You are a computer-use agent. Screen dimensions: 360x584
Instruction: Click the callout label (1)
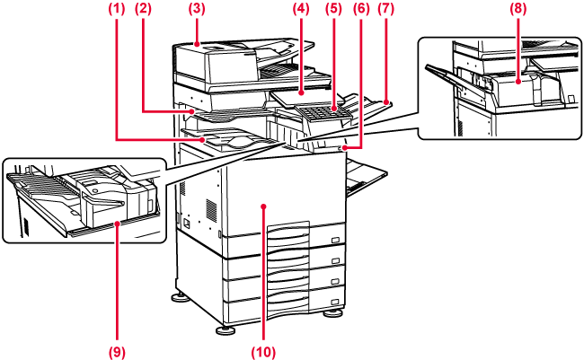pos(116,9)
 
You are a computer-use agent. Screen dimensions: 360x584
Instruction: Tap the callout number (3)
pos(194,9)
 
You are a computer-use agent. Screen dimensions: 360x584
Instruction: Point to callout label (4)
pos(300,9)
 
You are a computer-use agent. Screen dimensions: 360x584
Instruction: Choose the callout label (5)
pos(334,9)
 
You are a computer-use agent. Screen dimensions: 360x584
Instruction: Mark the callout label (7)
pos(386,9)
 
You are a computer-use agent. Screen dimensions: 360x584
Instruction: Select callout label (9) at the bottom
pos(116,351)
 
